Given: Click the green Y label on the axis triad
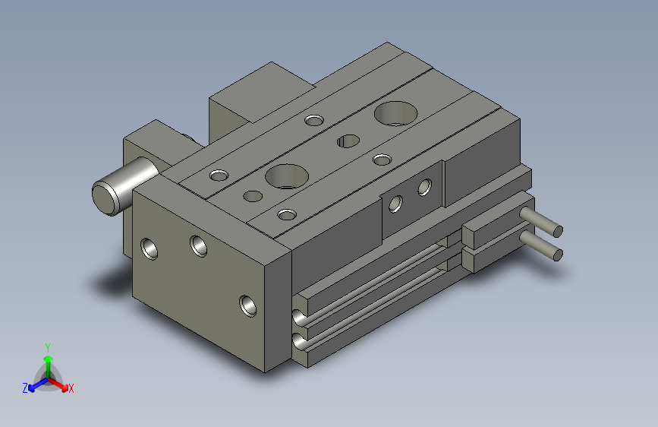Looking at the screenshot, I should click(x=47, y=345).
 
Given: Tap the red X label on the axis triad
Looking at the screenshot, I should click(x=71, y=388).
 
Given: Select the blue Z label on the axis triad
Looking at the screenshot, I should click(x=25, y=387).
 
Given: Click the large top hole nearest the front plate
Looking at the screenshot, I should click(x=286, y=176).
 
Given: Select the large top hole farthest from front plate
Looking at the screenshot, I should click(x=395, y=113).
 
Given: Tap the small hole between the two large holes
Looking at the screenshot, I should click(x=348, y=141).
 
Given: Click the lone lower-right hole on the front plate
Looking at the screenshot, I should click(x=247, y=305).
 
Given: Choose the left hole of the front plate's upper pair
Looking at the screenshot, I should click(x=150, y=248).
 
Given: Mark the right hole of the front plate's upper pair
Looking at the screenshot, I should click(x=200, y=245).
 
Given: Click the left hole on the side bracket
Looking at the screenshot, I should click(x=395, y=204).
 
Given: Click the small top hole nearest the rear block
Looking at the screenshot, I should click(x=313, y=119).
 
